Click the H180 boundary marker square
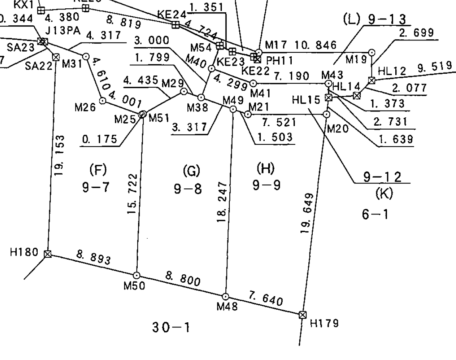click(x=48, y=254)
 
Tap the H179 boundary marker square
click(x=303, y=315)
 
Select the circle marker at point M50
click(x=137, y=275)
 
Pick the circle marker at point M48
click(x=225, y=297)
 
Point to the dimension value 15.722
click(x=134, y=193)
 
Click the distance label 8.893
click(x=94, y=258)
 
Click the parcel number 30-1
click(x=171, y=327)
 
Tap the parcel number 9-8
click(x=188, y=190)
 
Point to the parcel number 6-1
click(x=375, y=214)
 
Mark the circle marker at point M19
click(x=372, y=52)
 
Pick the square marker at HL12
click(x=372, y=80)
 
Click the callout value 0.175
click(x=100, y=140)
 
